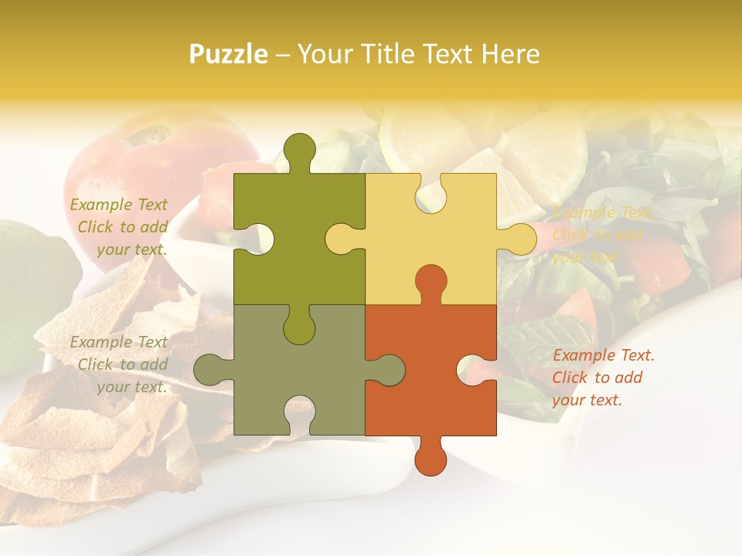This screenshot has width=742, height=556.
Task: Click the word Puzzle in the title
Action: click(229, 54)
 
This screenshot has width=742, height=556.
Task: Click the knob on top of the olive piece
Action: click(300, 151)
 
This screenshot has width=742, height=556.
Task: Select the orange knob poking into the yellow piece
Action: click(431, 283)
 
